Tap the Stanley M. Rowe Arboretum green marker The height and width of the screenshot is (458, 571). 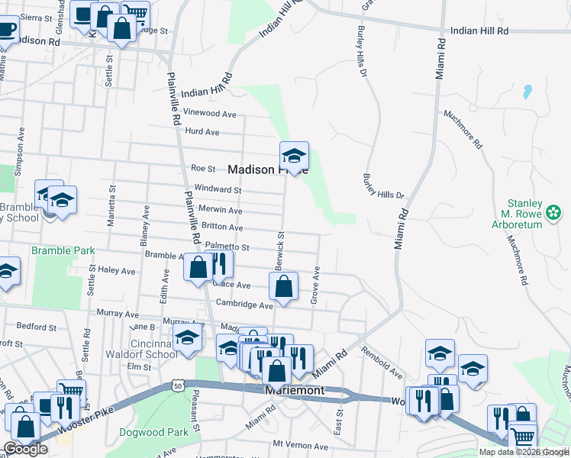point(555,211)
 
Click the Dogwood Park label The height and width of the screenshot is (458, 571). point(153,432)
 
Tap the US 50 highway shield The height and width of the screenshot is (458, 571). point(177,386)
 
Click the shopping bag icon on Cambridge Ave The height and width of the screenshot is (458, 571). point(283,288)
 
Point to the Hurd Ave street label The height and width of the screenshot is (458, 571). point(202,132)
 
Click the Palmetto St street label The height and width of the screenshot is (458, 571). point(227,247)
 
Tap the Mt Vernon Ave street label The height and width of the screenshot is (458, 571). point(299,443)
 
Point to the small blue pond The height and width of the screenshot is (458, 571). point(526,93)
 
